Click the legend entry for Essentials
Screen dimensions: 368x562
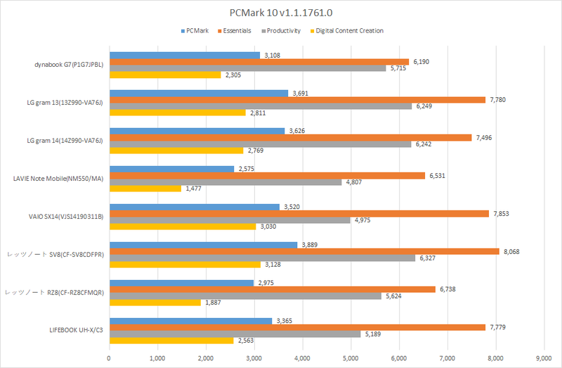pos(240,30)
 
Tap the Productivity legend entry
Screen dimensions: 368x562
pos(285,30)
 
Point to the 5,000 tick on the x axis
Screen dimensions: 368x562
pos(351,357)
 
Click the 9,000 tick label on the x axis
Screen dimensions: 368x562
pos(544,357)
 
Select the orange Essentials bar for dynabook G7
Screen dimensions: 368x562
pos(259,62)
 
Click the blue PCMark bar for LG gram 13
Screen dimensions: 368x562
pos(198,92)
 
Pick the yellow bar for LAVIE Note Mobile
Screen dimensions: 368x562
pos(145,189)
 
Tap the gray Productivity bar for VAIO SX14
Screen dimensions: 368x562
pos(229,220)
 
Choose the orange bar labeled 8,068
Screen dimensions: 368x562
pos(303,250)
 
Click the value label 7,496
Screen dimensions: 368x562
pos(485,138)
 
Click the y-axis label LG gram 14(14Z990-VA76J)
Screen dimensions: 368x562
pos(64,141)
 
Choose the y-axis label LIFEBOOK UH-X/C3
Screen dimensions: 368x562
pos(73,330)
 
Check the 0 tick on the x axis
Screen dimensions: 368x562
pos(109,357)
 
